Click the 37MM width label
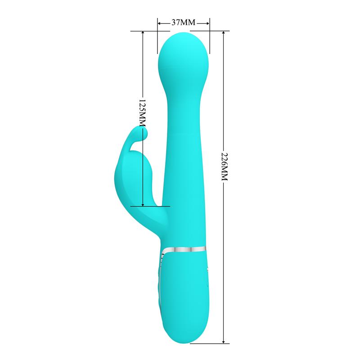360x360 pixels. coord(183,22)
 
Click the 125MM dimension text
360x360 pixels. coord(143,112)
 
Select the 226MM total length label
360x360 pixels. coord(223,166)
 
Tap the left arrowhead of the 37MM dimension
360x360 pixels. coord(159,22)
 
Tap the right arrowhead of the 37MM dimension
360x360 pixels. coord(208,22)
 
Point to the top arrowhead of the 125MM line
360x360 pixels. coord(143,33)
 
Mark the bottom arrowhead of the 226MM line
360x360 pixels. coord(223,342)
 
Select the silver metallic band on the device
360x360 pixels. coord(184,249)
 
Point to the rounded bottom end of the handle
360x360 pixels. coord(184,333)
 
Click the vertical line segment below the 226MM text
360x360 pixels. coord(223,261)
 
